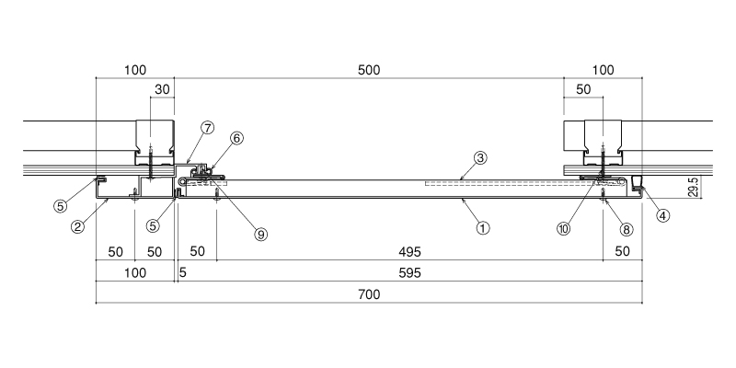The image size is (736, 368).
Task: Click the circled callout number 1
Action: point(483,228)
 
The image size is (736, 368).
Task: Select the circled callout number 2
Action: point(77,226)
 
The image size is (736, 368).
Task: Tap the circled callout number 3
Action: point(479,158)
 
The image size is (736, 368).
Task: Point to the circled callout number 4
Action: point(662,215)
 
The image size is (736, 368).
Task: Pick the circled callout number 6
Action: point(236,139)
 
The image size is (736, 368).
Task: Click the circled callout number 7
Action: point(208,128)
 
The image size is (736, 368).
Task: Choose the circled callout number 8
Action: point(626,229)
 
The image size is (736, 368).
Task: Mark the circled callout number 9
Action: point(260,234)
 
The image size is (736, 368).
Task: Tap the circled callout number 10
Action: point(563,228)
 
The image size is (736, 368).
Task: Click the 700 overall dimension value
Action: point(369,294)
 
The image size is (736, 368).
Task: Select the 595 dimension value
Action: point(409,272)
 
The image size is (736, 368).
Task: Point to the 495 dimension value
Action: point(409,251)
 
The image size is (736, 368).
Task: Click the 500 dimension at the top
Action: point(369,70)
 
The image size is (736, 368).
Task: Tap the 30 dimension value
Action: point(162,89)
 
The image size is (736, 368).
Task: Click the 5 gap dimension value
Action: point(182,272)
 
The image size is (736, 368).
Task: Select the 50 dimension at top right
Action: point(583,89)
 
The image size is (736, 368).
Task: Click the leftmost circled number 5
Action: point(61,205)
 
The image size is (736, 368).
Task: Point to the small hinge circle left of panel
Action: point(182,180)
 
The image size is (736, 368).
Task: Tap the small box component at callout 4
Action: point(637,181)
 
